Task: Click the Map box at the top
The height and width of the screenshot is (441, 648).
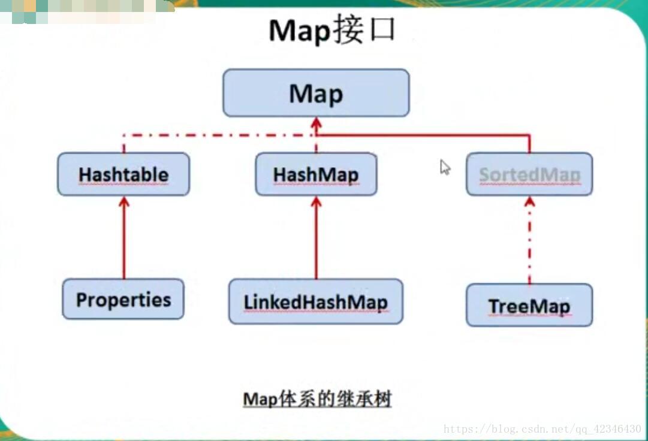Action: click(x=316, y=93)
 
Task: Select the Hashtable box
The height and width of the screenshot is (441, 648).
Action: click(x=123, y=174)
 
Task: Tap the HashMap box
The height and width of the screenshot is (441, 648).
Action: click(x=316, y=174)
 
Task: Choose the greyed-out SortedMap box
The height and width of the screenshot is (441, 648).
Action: click(x=529, y=174)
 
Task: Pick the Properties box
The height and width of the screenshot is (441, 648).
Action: click(x=123, y=299)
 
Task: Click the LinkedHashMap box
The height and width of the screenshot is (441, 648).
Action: click(x=316, y=301)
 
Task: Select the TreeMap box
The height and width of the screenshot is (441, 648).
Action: click(x=529, y=305)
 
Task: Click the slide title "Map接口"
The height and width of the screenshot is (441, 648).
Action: click(x=332, y=29)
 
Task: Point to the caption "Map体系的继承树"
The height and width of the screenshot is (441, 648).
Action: click(x=317, y=399)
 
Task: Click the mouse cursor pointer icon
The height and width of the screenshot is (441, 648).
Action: click(x=445, y=167)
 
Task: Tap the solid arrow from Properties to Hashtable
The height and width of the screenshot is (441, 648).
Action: click(x=124, y=238)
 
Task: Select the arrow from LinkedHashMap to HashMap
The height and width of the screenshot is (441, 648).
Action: click(x=316, y=238)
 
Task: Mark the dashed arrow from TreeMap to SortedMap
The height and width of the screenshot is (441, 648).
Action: click(x=530, y=241)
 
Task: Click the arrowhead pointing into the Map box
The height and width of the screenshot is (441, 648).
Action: click(x=316, y=123)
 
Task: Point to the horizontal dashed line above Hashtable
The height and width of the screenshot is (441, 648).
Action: click(x=219, y=135)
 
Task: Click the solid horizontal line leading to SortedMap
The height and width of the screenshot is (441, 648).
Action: click(x=423, y=135)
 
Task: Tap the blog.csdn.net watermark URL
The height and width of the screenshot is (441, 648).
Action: click(x=542, y=429)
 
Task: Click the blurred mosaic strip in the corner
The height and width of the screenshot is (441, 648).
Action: click(x=87, y=11)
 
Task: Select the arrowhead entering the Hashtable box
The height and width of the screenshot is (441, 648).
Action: click(x=124, y=202)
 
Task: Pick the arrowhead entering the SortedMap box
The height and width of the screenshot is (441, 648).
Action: click(x=530, y=202)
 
